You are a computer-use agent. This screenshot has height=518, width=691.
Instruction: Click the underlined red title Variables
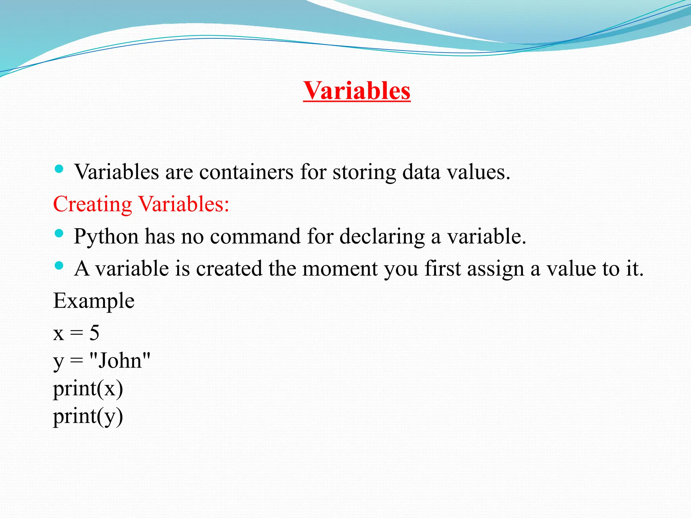point(357,91)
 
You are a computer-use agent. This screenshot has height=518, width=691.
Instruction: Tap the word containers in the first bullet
point(246,172)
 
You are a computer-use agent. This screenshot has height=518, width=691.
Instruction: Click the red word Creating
point(92,204)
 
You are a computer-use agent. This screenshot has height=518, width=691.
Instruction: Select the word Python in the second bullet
point(106,237)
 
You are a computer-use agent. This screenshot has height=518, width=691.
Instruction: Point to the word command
point(255,237)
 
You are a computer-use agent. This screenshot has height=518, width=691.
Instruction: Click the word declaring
point(382,237)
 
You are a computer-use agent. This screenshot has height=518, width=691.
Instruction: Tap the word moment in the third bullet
point(340,269)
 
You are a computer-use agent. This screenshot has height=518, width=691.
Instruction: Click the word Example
point(94,301)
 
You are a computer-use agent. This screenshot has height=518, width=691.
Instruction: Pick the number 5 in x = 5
point(94,333)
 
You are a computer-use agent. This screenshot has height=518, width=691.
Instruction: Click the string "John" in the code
point(120,361)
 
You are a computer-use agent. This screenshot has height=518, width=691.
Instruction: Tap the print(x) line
point(88,388)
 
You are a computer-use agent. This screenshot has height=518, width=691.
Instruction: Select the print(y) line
point(88,416)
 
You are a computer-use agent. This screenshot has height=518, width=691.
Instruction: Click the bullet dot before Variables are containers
point(59,169)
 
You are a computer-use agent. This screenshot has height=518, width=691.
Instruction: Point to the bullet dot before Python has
point(59,233)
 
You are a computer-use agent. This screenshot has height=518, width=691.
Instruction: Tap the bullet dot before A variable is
point(59,266)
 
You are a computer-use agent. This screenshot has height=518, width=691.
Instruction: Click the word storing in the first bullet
point(364,172)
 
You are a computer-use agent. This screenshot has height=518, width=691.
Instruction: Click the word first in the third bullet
point(442,269)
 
